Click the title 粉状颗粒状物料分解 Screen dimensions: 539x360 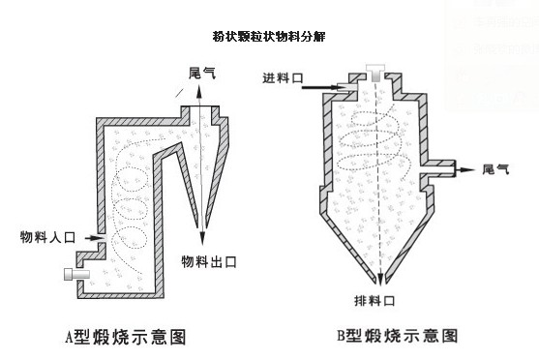pyautogui.click(x=269, y=36)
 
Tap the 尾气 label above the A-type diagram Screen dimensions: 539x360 pyautogui.click(x=202, y=74)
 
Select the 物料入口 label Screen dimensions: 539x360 pyautogui.click(x=47, y=237)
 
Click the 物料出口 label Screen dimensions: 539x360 pyautogui.click(x=209, y=262)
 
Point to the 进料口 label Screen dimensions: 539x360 pyautogui.click(x=283, y=78)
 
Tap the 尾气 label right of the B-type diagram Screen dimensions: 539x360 pyautogui.click(x=495, y=169)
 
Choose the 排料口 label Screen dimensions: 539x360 pyautogui.click(x=374, y=301)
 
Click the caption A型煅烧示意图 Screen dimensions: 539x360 pyautogui.click(x=126, y=337)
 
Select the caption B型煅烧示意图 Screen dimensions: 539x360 pyautogui.click(x=397, y=336)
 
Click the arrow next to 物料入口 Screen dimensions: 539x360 pyautogui.click(x=94, y=238)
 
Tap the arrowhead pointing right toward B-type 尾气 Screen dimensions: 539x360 pyautogui.click(x=468, y=169)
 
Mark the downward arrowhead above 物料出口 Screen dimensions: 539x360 pyautogui.click(x=202, y=238)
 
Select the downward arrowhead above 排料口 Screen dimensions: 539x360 pyautogui.click(x=380, y=279)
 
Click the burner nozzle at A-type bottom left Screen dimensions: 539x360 pyautogui.click(x=77, y=275)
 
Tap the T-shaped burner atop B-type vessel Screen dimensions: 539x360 pyautogui.click(x=375, y=73)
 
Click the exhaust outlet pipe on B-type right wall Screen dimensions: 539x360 pyautogui.click(x=440, y=168)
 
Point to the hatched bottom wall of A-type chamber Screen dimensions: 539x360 pyautogui.click(x=120, y=295)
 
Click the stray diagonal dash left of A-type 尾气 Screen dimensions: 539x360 pyautogui.click(x=179, y=93)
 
